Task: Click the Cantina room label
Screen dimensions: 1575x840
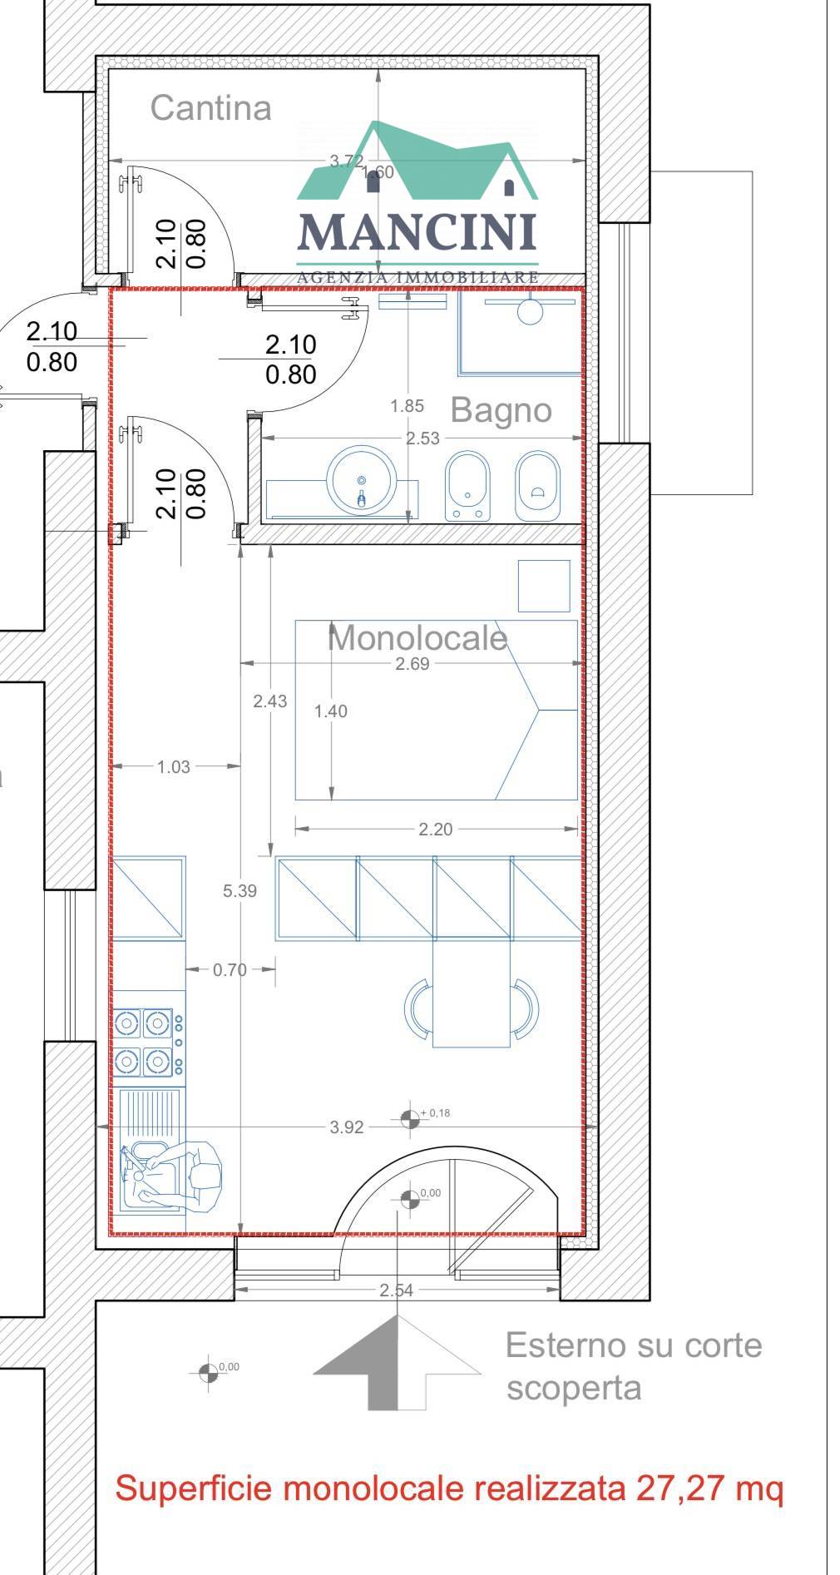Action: [210, 108]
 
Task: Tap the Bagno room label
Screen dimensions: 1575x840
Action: [501, 410]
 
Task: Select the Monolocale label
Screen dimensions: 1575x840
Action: [417, 638]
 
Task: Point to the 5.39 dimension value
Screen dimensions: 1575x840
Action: [240, 891]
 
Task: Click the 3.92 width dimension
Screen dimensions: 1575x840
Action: [347, 1127]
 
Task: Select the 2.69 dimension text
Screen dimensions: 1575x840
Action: [413, 664]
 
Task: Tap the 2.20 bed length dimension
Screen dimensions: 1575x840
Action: [435, 830]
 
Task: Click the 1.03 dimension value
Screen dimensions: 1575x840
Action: [174, 767]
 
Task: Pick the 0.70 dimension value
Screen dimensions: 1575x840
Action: [230, 970]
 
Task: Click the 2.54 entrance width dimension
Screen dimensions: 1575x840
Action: [396, 1290]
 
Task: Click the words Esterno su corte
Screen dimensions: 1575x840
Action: [633, 1345]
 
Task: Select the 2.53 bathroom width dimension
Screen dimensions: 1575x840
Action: [422, 438]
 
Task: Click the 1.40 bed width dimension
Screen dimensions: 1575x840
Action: [331, 711]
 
